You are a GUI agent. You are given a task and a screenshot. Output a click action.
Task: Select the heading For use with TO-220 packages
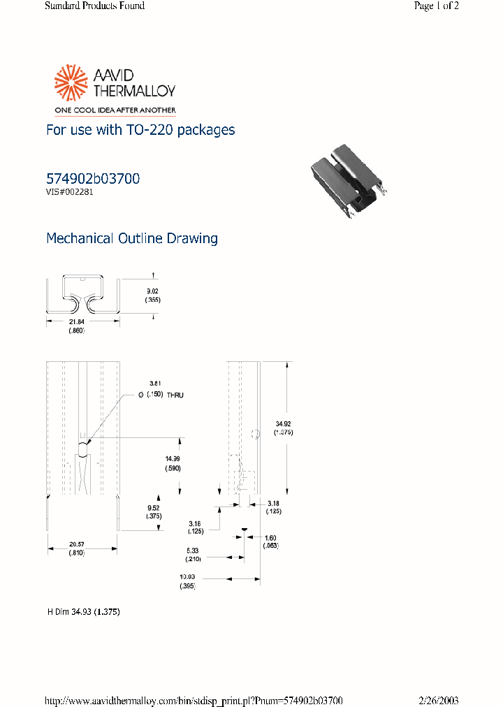point(140,130)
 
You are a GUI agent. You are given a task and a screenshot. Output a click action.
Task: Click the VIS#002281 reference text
point(69,192)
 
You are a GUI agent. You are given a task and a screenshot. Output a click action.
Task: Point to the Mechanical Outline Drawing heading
point(131,238)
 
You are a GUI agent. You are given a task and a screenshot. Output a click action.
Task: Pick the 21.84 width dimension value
point(76,321)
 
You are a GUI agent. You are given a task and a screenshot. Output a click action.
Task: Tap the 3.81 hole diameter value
point(155,384)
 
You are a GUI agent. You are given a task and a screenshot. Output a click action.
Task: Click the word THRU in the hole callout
point(175,395)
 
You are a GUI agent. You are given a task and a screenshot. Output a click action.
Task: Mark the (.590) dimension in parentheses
point(172,468)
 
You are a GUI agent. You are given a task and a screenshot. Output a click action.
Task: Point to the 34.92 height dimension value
point(283,423)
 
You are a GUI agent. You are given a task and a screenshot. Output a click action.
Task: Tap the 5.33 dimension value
point(192,550)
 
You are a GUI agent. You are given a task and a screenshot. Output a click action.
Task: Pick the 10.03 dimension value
point(187,577)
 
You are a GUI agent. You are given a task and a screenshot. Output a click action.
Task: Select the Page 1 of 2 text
point(436,6)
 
